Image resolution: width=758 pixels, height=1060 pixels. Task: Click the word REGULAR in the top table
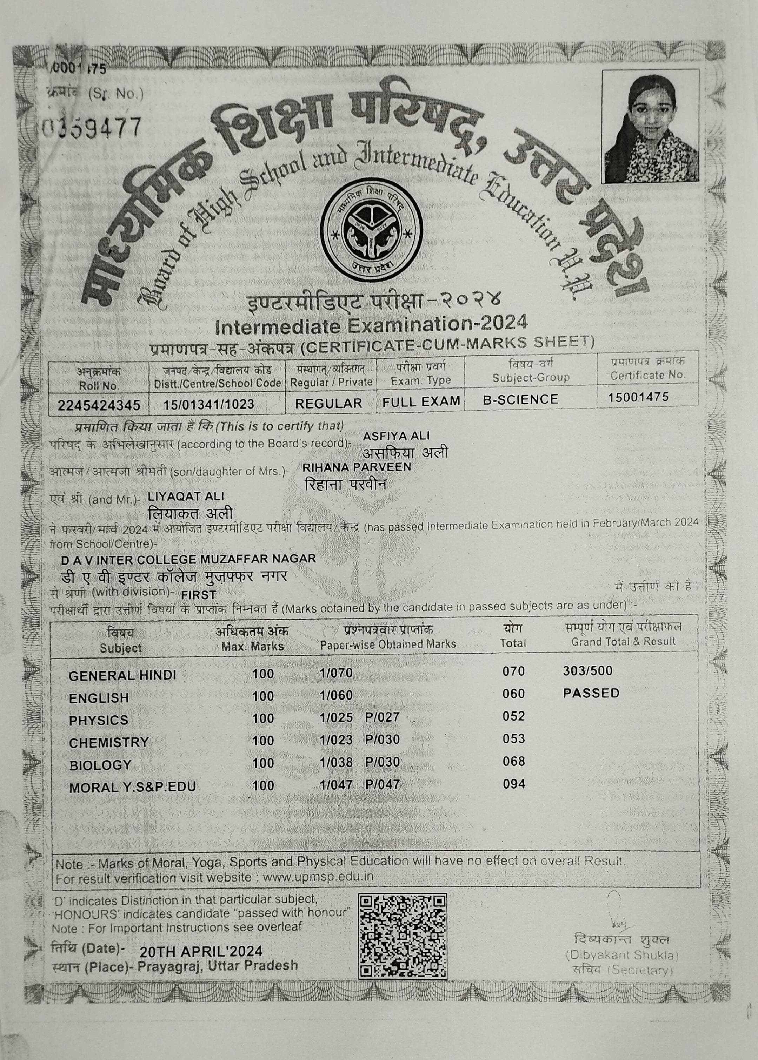point(328,403)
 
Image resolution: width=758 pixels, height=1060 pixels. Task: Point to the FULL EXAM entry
point(421,401)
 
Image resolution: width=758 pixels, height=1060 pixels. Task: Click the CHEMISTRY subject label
point(109,742)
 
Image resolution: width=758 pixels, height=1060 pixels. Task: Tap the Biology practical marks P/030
point(382,762)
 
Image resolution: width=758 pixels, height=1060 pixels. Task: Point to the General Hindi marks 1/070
point(336,673)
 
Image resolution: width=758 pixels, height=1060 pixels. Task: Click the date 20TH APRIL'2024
point(201,951)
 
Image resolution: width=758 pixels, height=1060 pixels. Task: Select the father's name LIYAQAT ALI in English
point(186,496)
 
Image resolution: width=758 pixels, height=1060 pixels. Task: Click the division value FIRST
point(198,595)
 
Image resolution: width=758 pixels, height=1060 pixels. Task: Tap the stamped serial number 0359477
point(92,127)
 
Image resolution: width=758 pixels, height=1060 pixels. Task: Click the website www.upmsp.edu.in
point(318,876)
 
